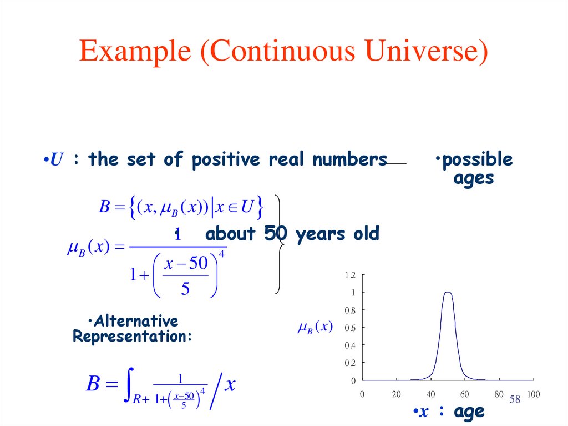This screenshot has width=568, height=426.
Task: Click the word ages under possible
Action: pyautogui.click(x=473, y=178)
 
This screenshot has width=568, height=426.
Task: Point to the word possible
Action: pyautogui.click(x=477, y=160)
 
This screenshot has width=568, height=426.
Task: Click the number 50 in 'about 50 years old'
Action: pyautogui.click(x=275, y=234)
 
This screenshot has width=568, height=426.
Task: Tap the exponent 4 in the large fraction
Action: pyautogui.click(x=222, y=254)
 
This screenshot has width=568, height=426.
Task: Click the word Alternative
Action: pyautogui.click(x=135, y=321)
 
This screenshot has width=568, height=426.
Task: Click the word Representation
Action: pyautogui.click(x=132, y=336)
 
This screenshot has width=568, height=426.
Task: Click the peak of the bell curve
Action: pyautogui.click(x=448, y=292)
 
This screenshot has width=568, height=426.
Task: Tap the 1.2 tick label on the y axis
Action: pyautogui.click(x=350, y=275)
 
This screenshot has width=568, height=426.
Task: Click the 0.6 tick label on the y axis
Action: pyautogui.click(x=350, y=328)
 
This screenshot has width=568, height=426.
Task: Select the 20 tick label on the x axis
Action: pyautogui.click(x=396, y=394)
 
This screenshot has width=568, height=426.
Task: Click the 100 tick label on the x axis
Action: pyautogui.click(x=532, y=394)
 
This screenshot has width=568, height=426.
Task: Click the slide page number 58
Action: pyautogui.click(x=514, y=399)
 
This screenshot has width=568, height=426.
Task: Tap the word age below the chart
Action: pyautogui.click(x=469, y=412)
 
